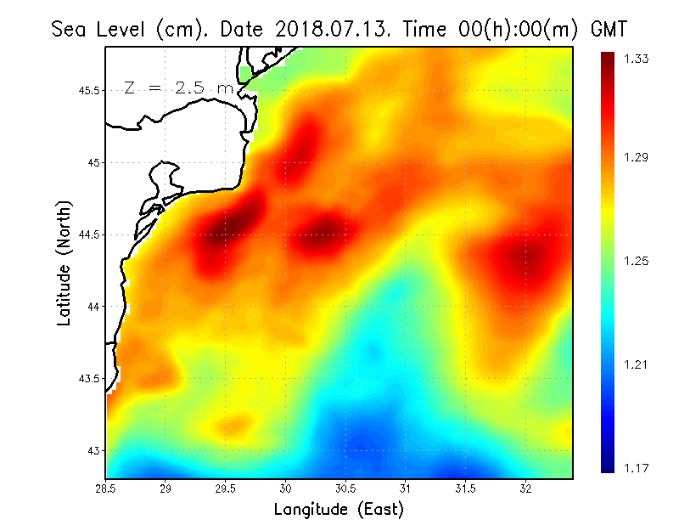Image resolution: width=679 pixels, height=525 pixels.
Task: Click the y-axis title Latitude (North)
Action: click(x=65, y=262)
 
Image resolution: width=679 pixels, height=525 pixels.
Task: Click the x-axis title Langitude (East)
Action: click(x=339, y=510)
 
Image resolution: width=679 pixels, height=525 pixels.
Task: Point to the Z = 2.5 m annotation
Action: click(x=177, y=87)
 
